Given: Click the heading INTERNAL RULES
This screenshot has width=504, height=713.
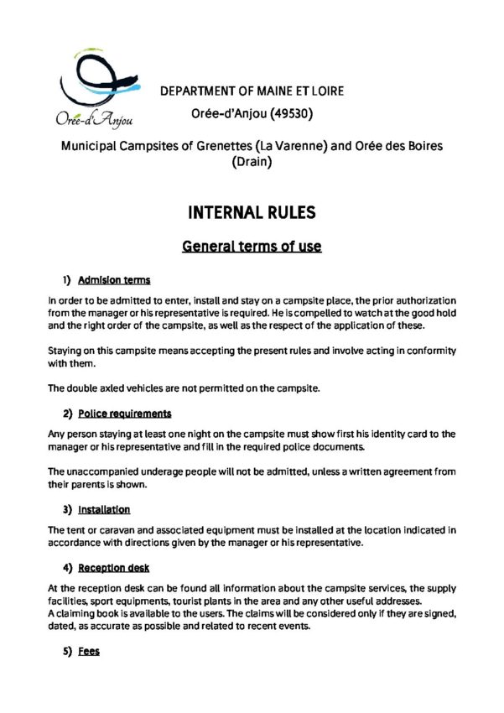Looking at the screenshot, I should pyautogui.click(x=252, y=212).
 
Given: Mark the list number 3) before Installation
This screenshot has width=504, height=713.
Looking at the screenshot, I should pyautogui.click(x=66, y=509).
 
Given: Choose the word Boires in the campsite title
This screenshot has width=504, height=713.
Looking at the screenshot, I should pyautogui.click(x=423, y=146).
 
